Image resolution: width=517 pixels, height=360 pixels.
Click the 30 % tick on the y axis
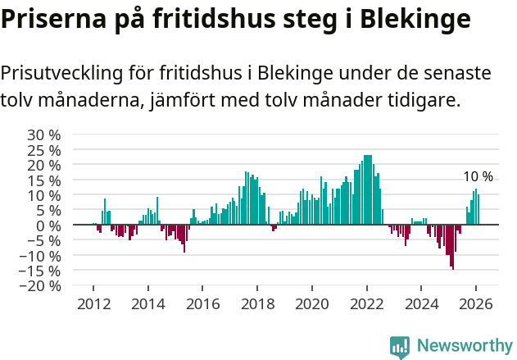(x=44, y=134)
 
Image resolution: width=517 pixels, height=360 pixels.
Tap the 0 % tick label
(x=48, y=226)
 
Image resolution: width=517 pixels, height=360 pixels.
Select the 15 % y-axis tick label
(x=44, y=180)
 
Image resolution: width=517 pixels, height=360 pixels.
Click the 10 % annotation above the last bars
(x=478, y=177)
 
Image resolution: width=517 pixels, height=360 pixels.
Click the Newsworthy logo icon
(x=400, y=346)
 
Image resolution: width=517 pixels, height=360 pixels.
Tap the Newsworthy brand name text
(x=464, y=346)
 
